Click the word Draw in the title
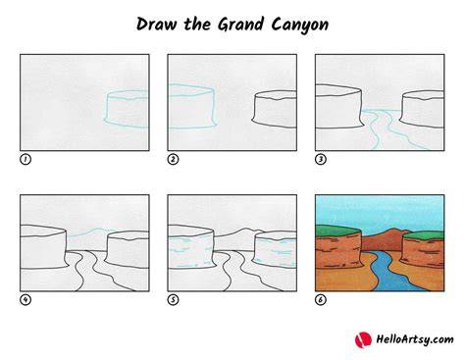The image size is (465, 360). tap(156, 25)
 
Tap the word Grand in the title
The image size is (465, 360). tap(240, 25)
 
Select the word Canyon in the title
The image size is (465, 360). tap(299, 25)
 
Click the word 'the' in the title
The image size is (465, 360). tap(197, 25)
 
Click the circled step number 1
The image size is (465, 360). tap(26, 160)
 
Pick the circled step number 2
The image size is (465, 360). tap(173, 160)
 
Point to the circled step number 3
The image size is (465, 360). tap(321, 160)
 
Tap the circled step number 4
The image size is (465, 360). tap(26, 300)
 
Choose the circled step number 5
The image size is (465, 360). tap(173, 300)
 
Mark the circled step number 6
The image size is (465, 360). tap(321, 300)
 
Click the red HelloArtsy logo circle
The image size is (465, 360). tap(363, 340)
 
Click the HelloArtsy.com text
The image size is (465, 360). tap(415, 339)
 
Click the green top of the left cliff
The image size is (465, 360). tap(336, 231)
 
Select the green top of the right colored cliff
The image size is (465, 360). tap(424, 234)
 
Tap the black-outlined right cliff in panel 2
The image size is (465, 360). tap(275, 109)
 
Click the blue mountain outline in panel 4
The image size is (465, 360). tap(90, 231)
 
